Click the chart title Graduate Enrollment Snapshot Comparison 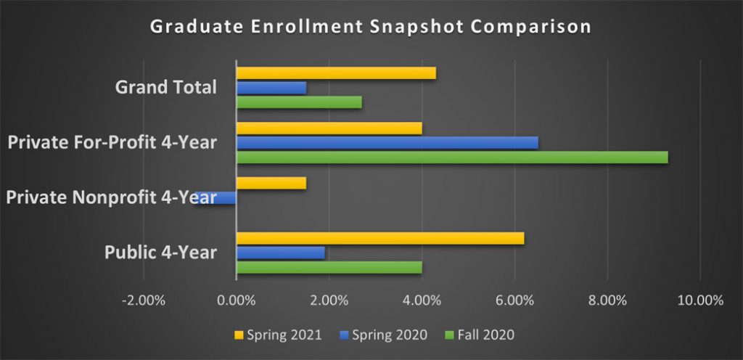371,27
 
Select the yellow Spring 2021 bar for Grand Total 336,73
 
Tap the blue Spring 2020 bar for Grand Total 271,88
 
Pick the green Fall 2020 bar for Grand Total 299,102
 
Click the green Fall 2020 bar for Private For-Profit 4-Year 452,157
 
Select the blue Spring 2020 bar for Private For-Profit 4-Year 387,142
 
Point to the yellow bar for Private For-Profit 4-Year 329,128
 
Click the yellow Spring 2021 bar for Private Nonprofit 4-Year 271,183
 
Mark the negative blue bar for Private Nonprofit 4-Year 216,197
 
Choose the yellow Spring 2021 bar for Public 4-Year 380,238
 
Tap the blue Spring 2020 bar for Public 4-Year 281,253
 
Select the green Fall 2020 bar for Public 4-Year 329,267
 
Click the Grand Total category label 166,88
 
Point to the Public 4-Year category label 160,253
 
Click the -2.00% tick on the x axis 144,300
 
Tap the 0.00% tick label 237,300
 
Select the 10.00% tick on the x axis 699,300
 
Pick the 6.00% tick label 514,300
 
